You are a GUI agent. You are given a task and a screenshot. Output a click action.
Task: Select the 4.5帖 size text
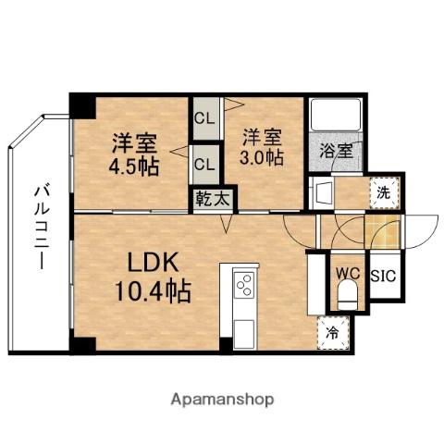pos(134,168)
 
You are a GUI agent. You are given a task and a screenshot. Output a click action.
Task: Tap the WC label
pos(347,274)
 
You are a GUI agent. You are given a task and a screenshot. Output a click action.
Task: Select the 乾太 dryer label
pos(214,198)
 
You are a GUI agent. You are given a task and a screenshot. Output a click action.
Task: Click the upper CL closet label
pos(204,118)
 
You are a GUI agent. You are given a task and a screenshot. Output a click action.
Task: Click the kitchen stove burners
pos(245,285)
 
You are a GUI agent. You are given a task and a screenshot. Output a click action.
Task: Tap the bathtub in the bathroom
pos(334,116)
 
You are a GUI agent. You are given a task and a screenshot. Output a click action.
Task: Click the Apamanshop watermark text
pos(223,400)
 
